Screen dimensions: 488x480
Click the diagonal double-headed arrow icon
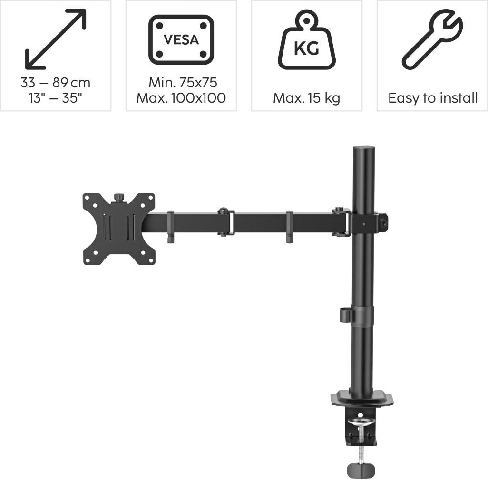pos(55,39)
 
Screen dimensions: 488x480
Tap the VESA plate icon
pos(181,39)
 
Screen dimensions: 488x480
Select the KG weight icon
pos(307,39)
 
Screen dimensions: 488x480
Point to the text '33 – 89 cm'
pos(55,83)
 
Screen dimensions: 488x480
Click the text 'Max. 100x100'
pos(181,98)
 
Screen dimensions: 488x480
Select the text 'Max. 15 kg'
pos(307,98)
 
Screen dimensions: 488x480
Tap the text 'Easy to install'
pos(433,98)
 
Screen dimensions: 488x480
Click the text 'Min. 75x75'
pos(183,83)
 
